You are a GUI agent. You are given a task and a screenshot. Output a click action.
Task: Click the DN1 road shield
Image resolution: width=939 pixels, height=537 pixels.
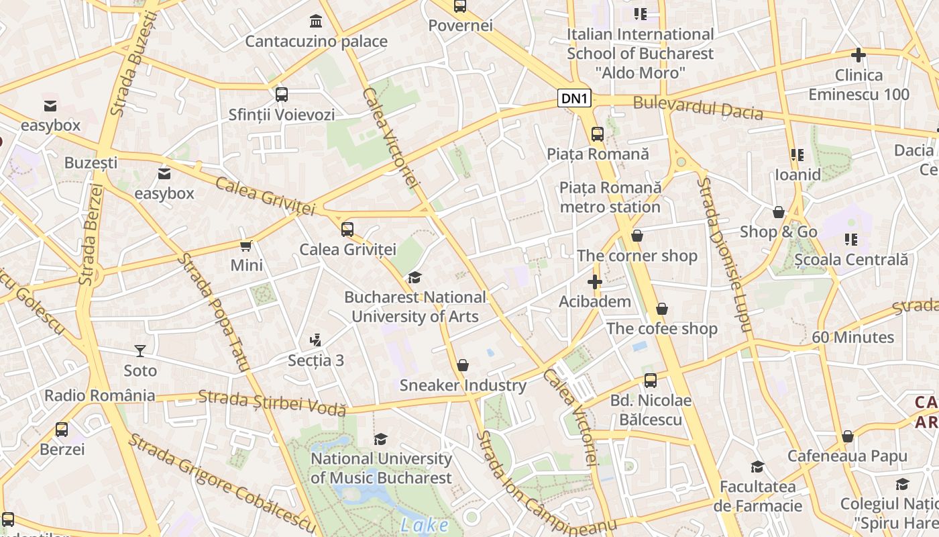coord(575,99)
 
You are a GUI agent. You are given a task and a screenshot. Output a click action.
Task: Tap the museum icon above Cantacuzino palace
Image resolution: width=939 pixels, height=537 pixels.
coord(316,21)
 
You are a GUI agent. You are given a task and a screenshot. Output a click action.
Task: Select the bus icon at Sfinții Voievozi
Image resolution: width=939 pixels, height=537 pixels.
coord(281,95)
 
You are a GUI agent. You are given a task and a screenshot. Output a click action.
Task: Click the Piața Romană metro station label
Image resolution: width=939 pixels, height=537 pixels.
coord(610,197)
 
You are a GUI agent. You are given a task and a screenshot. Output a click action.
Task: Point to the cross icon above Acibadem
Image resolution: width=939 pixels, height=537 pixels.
coord(594,282)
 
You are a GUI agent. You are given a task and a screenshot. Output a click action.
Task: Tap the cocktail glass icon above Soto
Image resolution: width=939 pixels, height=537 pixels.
coord(140,350)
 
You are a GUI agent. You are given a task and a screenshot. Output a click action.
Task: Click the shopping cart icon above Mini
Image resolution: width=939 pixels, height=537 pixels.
coord(246,246)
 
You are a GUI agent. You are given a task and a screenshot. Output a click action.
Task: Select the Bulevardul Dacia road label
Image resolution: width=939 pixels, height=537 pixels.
coord(698,107)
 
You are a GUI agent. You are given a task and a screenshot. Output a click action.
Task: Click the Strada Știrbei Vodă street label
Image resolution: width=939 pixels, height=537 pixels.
coord(272,402)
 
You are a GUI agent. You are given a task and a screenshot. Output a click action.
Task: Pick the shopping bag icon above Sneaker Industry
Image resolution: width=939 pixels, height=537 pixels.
coord(462,365)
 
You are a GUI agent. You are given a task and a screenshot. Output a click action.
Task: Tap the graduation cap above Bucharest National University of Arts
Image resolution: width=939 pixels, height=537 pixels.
coord(415,277)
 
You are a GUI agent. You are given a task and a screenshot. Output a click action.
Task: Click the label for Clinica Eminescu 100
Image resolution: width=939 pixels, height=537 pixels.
coord(859,85)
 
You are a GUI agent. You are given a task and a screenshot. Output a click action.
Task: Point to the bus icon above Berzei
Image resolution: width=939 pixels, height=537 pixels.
coord(62,429)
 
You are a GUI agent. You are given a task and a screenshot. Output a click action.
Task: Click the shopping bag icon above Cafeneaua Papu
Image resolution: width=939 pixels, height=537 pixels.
coord(847,436)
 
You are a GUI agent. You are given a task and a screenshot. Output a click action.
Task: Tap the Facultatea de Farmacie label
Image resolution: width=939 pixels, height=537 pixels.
coord(758,496)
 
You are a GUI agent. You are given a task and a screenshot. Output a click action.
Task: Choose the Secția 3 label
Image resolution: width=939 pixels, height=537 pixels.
coord(316,360)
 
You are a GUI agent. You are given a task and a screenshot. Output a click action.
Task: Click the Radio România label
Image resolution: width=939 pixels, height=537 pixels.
coord(100,395)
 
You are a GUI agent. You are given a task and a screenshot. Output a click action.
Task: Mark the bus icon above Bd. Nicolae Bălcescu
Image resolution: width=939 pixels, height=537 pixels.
coord(650,381)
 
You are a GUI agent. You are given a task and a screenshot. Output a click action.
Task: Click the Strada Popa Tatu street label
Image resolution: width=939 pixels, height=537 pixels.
coord(213,313)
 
